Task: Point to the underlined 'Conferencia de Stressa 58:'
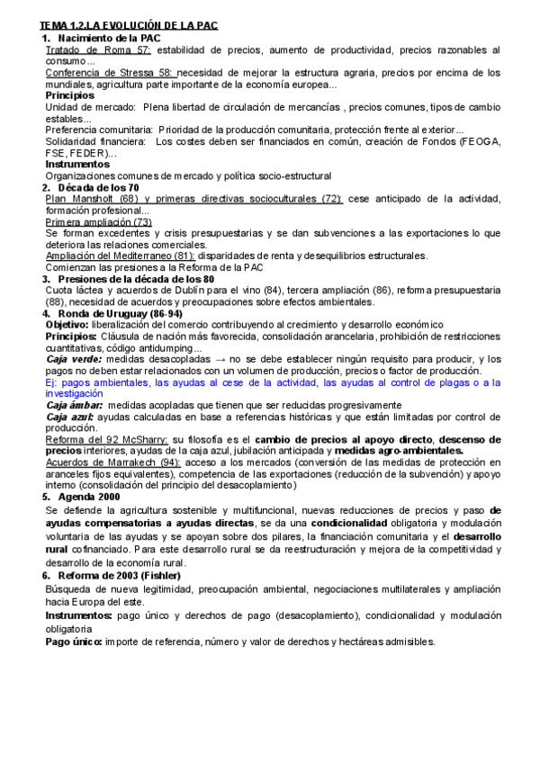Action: [x=109, y=73]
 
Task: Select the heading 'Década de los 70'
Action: [x=98, y=187]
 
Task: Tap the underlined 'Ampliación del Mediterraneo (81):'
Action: [x=119, y=256]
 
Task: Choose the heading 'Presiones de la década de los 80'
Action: [x=135, y=279]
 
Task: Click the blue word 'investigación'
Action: [x=78, y=393]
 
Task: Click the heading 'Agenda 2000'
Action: [x=89, y=497]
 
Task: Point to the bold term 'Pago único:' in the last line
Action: [x=74, y=642]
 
